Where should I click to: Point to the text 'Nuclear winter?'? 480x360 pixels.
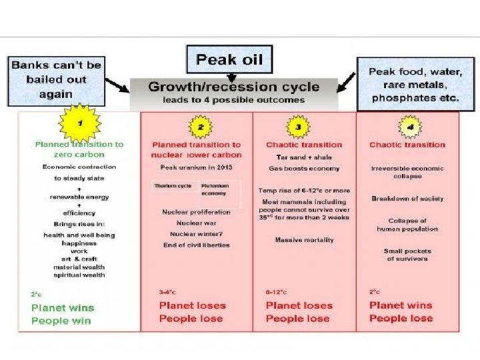tap(197, 233)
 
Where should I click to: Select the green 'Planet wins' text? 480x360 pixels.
tap(63, 307)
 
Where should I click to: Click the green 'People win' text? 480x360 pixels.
tap(60, 321)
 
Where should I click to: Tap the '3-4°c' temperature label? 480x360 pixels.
tap(167, 291)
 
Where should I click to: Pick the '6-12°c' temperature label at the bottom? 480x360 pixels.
tap(277, 291)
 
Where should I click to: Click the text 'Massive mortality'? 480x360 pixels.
tap(304, 240)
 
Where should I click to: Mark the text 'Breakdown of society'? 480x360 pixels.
tap(407, 199)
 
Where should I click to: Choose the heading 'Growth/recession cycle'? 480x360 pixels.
tap(233, 87)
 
